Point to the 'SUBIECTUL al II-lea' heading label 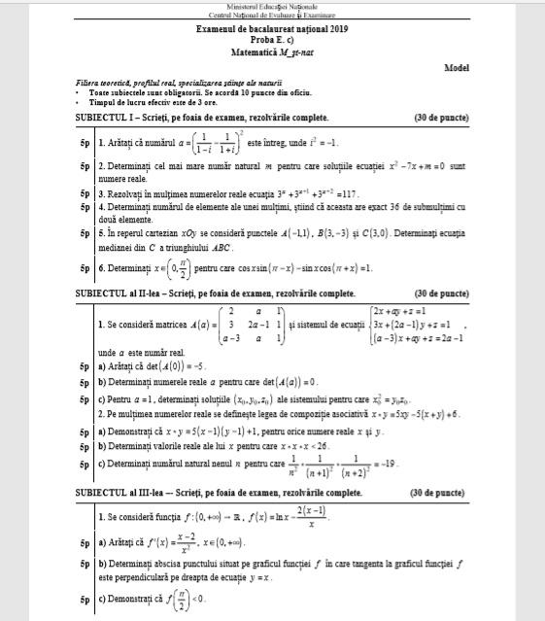[x=115, y=293]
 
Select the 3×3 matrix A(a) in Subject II [x=254, y=326]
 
